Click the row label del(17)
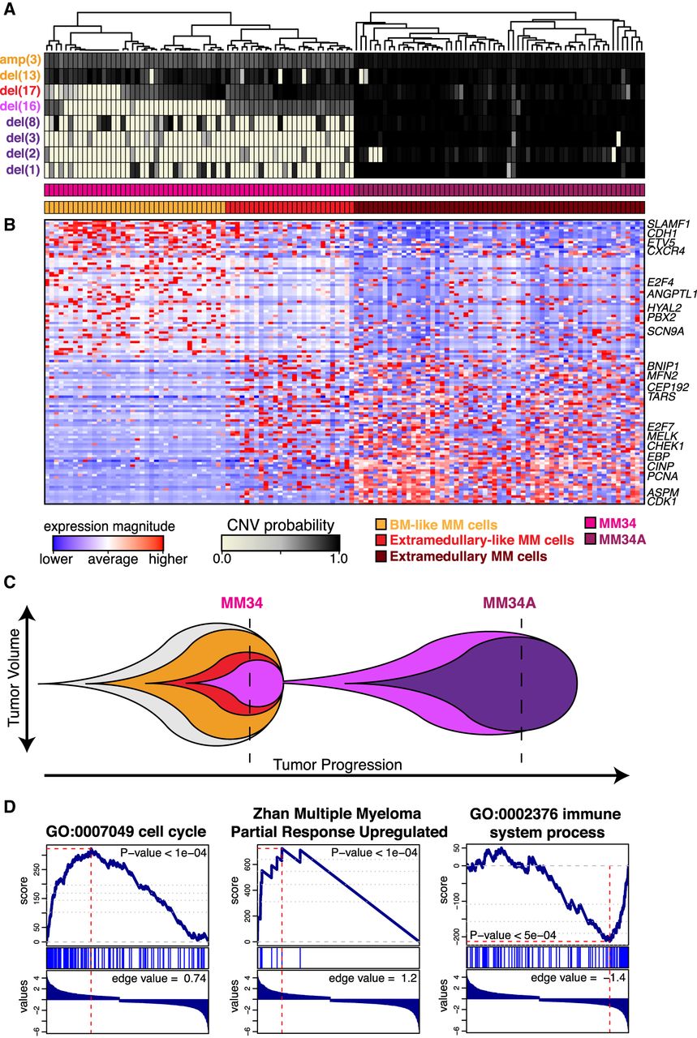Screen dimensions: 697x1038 pos(20,91)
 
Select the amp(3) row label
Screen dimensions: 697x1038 pos(21,59)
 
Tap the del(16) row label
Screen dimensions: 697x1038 pos(20,106)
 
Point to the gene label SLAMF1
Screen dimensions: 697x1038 pos(669,225)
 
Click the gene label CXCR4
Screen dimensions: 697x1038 pos(666,251)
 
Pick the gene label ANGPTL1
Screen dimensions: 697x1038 pos(672,294)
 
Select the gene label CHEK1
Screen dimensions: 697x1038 pos(665,446)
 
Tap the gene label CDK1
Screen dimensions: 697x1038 pos(662,502)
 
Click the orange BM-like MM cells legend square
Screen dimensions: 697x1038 pos(381,525)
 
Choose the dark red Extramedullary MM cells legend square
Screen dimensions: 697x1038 pos(381,556)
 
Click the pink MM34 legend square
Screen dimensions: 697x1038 pos(591,523)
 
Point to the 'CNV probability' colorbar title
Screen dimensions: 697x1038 pos(281,525)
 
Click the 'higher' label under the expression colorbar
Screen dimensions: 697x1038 pos(168,559)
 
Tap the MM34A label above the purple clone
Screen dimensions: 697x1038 pos(510,603)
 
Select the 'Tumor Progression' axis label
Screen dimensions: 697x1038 pos(337,765)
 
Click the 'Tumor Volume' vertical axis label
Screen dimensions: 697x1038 pos(14,677)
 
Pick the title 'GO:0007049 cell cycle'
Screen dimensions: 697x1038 pos(126,831)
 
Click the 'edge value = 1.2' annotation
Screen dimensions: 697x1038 pos(373,978)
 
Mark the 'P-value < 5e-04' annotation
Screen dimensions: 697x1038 pos(513,935)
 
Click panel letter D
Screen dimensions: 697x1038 pos(9,807)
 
